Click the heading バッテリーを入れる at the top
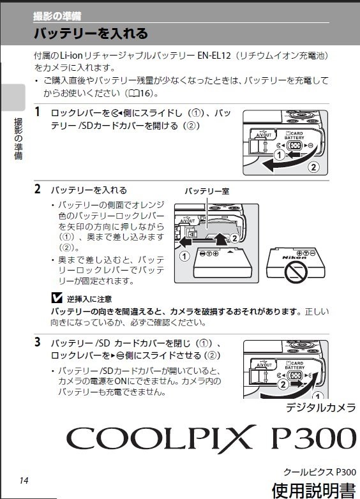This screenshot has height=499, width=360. pos(91,33)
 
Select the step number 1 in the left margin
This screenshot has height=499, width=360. pos(38,112)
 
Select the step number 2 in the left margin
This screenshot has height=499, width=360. pos(38,190)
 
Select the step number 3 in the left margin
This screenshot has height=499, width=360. pos(38,342)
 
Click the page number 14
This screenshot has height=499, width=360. pos(24,480)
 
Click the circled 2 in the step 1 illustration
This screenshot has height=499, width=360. pos(313,168)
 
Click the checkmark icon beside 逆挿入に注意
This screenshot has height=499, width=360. pos(56,298)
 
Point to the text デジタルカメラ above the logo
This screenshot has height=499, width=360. pos(320,408)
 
